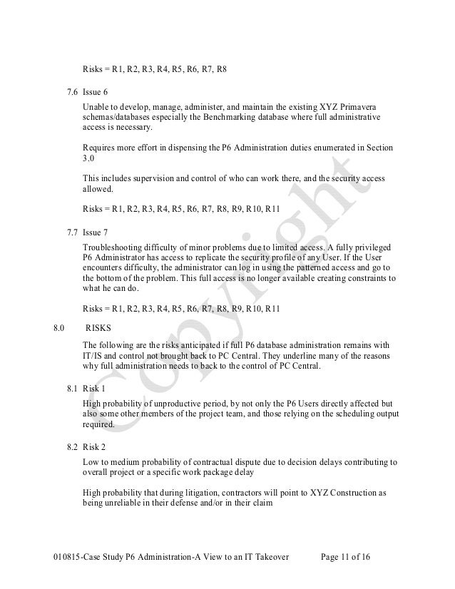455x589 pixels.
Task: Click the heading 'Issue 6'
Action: [x=95, y=93]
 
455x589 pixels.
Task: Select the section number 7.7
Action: [x=72, y=232]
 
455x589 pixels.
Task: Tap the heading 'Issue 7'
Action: [x=95, y=232]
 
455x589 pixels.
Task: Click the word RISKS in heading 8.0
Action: [x=100, y=329]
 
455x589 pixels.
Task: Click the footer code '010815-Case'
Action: [x=77, y=556]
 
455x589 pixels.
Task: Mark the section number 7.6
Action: [x=72, y=93]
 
